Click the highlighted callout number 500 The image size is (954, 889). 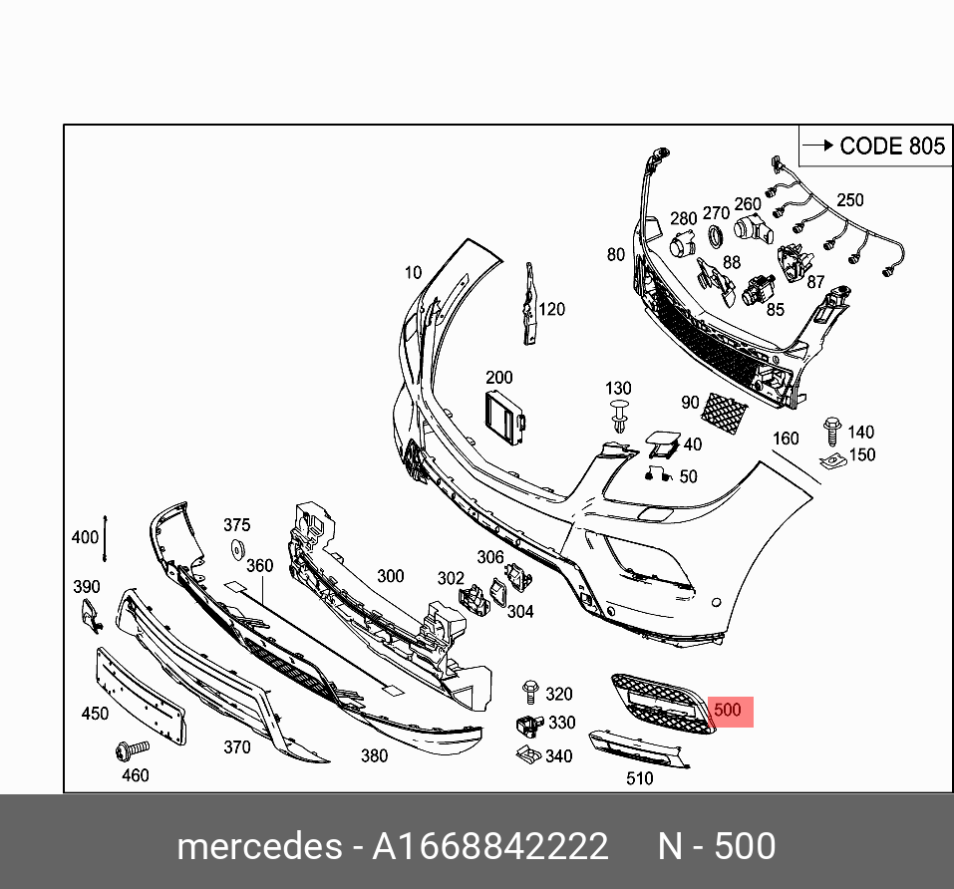[x=728, y=711]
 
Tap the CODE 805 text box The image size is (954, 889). [x=872, y=146]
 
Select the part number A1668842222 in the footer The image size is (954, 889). [x=489, y=847]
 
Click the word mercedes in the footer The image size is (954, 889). [x=258, y=847]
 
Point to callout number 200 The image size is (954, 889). [x=498, y=378]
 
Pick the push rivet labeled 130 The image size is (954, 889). [x=620, y=415]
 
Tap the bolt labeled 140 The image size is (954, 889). [x=829, y=432]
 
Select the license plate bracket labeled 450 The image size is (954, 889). [x=140, y=693]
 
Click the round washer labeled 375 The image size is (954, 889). [x=238, y=548]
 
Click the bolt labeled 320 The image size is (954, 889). [x=529, y=692]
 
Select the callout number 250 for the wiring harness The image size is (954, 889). [x=849, y=200]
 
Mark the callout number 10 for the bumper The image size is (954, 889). [x=413, y=272]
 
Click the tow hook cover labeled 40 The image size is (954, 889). [x=659, y=442]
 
